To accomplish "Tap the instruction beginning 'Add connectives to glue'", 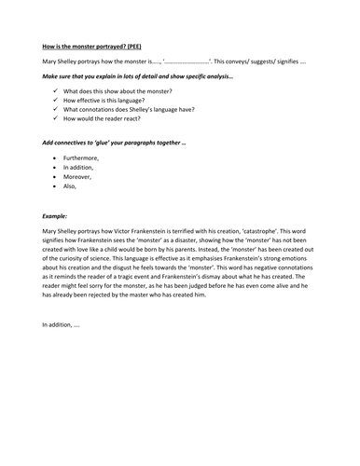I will click(112, 144).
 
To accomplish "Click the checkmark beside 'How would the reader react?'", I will click(57, 119).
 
